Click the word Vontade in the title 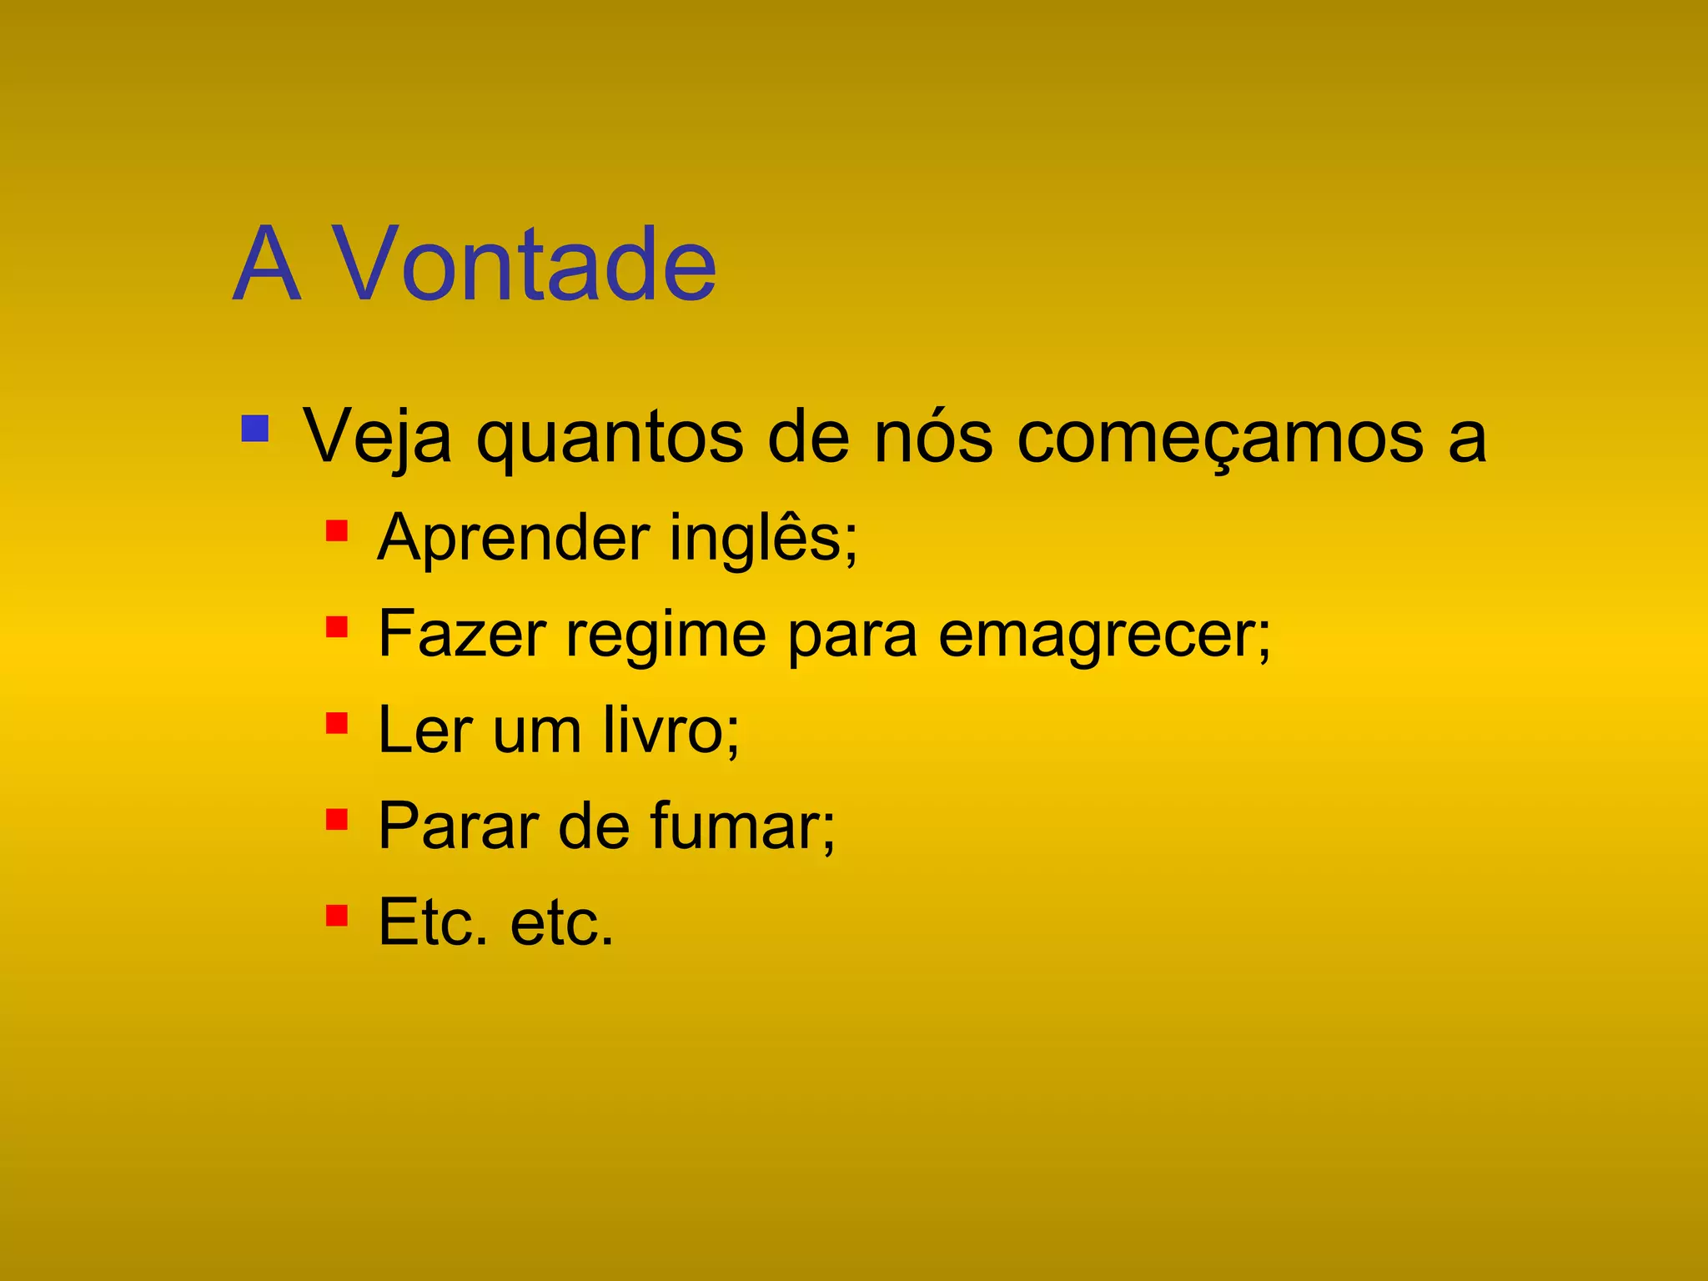524,265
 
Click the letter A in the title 265,265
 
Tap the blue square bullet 254,429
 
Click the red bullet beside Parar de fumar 337,819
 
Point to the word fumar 742,826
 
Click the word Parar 458,826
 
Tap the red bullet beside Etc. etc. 337,916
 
